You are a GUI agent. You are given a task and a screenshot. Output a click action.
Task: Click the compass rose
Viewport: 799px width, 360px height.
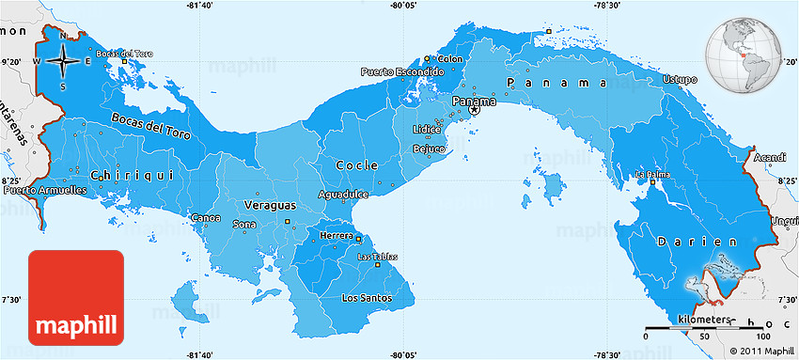click(x=63, y=61)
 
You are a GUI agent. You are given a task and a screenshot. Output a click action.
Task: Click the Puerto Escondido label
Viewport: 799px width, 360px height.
click(x=402, y=71)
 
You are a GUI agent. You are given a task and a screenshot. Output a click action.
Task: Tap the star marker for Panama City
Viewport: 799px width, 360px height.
click(x=475, y=110)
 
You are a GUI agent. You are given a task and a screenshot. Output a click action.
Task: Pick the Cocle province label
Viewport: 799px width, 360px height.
click(x=357, y=164)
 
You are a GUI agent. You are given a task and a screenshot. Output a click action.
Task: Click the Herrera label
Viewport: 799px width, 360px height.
click(x=337, y=236)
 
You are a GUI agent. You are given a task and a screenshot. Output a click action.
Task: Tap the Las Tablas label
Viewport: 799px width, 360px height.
click(x=378, y=257)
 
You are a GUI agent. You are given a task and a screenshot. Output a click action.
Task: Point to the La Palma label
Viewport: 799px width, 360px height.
click(x=653, y=175)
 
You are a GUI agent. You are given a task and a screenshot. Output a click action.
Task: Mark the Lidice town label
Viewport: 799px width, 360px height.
click(x=426, y=129)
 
